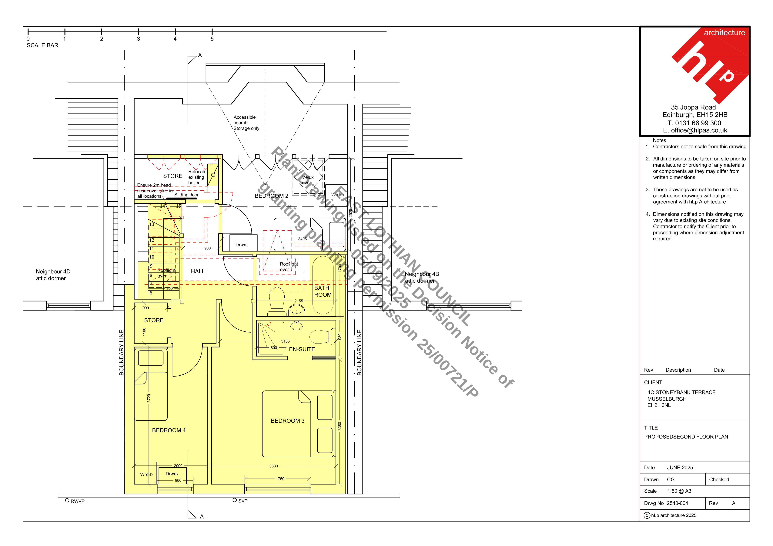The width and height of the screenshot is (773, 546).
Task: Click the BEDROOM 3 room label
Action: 288,421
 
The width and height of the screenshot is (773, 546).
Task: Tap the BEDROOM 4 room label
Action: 169,430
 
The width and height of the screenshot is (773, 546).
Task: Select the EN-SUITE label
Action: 302,350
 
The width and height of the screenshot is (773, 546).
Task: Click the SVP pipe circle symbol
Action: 235,500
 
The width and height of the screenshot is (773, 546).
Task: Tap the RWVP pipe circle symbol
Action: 67,501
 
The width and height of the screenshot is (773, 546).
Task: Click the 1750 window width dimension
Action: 280,479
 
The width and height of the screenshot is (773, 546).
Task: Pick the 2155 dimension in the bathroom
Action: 299,301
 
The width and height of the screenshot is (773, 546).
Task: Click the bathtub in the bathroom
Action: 323,286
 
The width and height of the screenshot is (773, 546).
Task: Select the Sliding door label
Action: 186,195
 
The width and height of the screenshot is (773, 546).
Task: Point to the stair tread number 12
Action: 152,240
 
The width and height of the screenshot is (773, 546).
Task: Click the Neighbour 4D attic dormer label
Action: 53,275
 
